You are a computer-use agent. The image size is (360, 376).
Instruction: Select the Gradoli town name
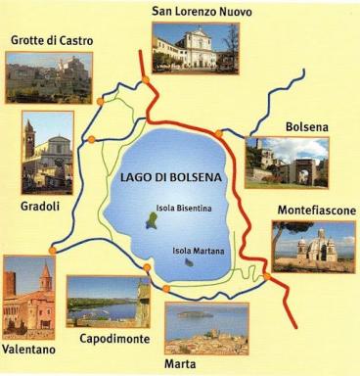[x=41, y=206]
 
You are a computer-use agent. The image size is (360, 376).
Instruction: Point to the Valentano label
[x=29, y=349]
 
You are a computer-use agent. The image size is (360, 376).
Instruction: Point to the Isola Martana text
[x=199, y=252]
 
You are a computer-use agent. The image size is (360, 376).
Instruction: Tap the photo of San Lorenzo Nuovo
[x=196, y=47]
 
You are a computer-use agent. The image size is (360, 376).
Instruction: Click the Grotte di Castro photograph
[x=49, y=77]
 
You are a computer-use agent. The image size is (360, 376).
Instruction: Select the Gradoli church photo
[x=48, y=153]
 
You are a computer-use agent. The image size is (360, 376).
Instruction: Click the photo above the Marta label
[x=206, y=327]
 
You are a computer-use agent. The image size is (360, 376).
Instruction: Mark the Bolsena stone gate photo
[x=287, y=162]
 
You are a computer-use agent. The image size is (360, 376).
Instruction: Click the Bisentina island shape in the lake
[x=151, y=220]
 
